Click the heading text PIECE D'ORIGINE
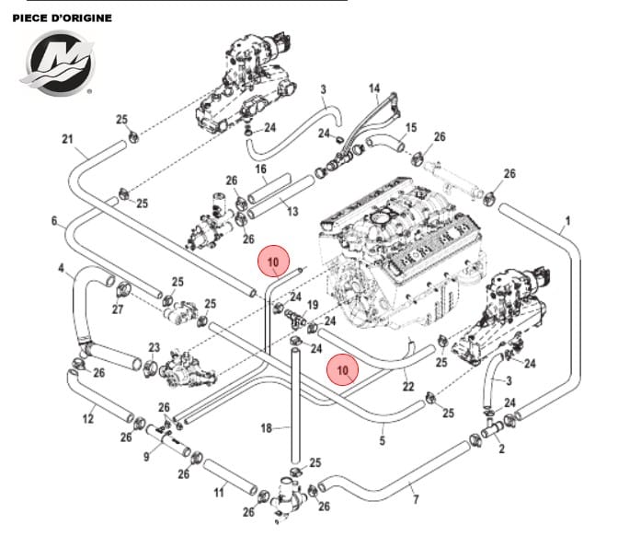click(63, 17)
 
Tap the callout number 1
click(567, 221)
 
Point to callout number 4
click(61, 269)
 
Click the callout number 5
click(382, 441)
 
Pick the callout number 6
click(54, 221)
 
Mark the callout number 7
click(417, 500)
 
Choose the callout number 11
click(219, 493)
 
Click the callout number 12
click(88, 419)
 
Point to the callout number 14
click(374, 89)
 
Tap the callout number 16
click(260, 169)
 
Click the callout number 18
click(266, 428)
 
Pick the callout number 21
click(66, 139)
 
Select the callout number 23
click(154, 348)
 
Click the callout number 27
click(118, 310)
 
